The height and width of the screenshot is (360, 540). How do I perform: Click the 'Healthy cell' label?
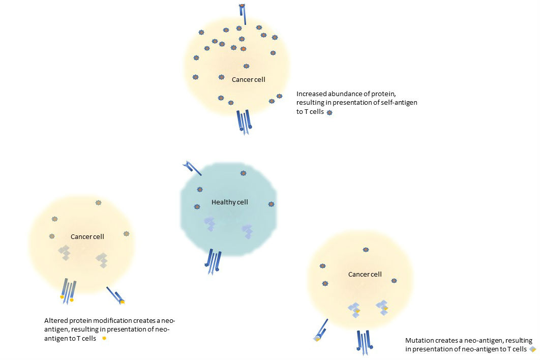pyautogui.click(x=229, y=202)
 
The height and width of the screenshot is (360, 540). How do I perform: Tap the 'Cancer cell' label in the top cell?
pyautogui.click(x=248, y=80)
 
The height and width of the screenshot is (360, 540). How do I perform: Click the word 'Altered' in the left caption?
pyautogui.click(x=55, y=321)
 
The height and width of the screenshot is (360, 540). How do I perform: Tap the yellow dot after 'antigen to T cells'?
pyautogui.click(x=104, y=338)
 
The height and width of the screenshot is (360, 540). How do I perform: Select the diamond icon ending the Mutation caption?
pyautogui.click(x=532, y=349)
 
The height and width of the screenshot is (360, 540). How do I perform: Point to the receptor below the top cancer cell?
pyautogui.click(x=244, y=122)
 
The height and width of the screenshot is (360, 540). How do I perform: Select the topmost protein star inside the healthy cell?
pyautogui.click(x=243, y=173)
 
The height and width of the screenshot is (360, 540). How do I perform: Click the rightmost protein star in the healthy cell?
pyautogui.click(x=271, y=204)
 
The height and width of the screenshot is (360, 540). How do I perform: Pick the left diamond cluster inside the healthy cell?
pyautogui.click(x=210, y=224)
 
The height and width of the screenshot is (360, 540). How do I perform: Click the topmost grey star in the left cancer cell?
pyautogui.click(x=98, y=202)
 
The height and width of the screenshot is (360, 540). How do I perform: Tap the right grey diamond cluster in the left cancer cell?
pyautogui.click(x=102, y=260)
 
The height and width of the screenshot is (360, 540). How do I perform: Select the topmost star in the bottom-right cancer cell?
pyautogui.click(x=366, y=250)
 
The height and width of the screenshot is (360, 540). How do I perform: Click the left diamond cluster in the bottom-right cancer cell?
pyautogui.click(x=354, y=310)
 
